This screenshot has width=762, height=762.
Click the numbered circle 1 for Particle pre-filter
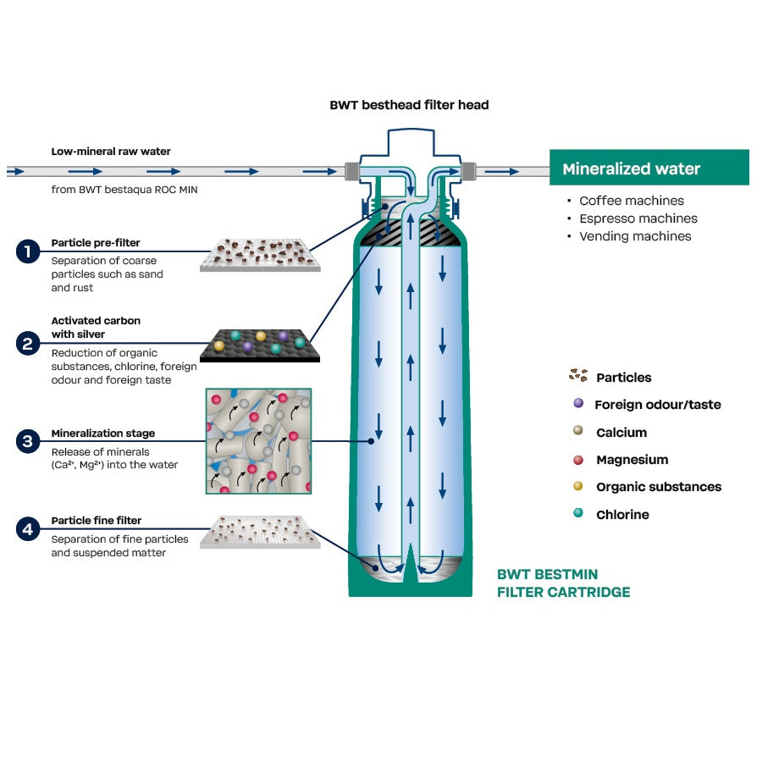click(x=29, y=251)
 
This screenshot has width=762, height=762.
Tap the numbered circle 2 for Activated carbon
click(x=29, y=344)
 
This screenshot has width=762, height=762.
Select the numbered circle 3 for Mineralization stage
click(x=29, y=441)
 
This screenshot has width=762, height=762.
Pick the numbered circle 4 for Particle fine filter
click(x=29, y=529)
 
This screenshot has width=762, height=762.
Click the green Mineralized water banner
click(x=649, y=168)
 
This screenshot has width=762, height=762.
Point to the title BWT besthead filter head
click(x=409, y=105)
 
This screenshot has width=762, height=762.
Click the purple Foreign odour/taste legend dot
click(x=578, y=404)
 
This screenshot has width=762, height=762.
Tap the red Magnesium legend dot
click(x=578, y=459)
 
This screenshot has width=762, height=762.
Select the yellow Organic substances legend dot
click(x=578, y=486)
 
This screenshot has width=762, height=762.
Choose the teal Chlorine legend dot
click(x=578, y=513)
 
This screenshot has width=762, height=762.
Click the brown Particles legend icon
click(x=578, y=376)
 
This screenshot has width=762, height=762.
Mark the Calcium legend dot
click(x=578, y=431)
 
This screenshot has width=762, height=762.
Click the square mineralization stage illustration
click(x=258, y=441)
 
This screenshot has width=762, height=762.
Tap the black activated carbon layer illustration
click(x=260, y=345)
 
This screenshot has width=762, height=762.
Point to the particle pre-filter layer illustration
click(x=260, y=255)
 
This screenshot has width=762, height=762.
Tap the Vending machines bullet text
click(x=634, y=236)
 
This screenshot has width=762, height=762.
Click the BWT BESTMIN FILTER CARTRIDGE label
click(x=563, y=583)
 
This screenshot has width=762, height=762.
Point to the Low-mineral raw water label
click(x=111, y=152)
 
